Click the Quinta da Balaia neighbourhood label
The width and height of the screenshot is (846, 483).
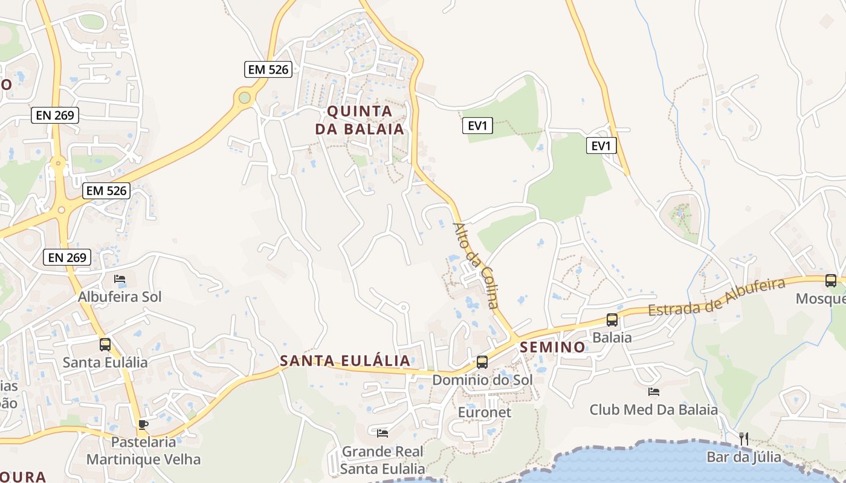click(x=360, y=120)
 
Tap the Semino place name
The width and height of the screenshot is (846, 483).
click(x=552, y=347)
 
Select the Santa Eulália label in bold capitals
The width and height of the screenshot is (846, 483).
click(x=344, y=361)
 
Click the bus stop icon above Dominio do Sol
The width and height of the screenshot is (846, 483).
click(x=482, y=362)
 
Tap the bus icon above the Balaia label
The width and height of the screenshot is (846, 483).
click(x=612, y=320)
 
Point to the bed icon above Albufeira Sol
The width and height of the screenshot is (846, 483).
click(x=120, y=279)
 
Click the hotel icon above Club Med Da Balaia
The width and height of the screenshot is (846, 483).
click(x=653, y=392)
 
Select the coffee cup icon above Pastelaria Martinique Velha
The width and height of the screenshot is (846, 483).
click(x=143, y=424)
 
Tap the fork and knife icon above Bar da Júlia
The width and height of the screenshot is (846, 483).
click(x=744, y=439)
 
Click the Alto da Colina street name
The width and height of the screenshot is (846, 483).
click(x=477, y=266)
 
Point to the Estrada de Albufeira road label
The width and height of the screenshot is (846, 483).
click(x=716, y=297)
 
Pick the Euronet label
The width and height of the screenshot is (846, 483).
click(x=485, y=412)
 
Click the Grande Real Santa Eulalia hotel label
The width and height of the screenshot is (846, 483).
click(x=383, y=460)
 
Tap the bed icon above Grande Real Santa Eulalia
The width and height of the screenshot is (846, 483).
click(x=382, y=433)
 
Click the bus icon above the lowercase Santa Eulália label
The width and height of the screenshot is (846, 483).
click(x=105, y=345)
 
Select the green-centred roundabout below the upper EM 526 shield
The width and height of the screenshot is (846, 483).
click(x=244, y=97)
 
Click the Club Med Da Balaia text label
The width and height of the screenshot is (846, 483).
click(x=654, y=410)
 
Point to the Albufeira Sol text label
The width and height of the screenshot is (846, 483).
click(x=120, y=297)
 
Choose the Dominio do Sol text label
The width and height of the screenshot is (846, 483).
click(x=482, y=380)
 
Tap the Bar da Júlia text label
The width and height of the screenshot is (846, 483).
click(x=744, y=457)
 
